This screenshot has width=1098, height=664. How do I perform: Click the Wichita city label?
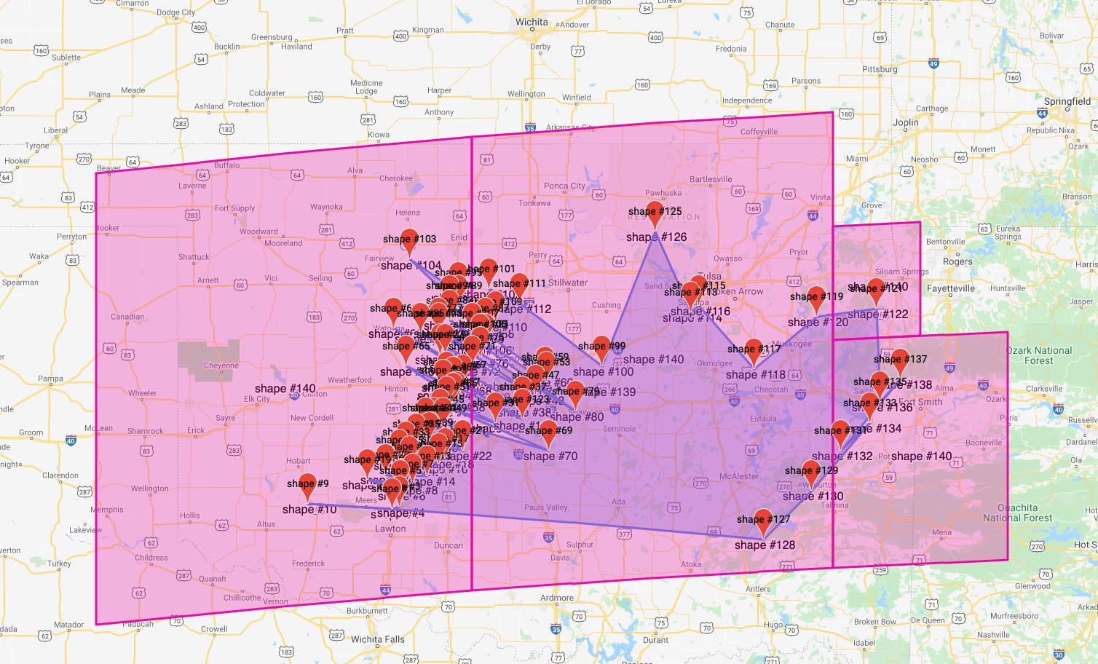click(532, 22)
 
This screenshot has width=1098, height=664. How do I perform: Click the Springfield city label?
click(1067, 101)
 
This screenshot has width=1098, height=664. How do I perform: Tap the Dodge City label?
click(175, 12)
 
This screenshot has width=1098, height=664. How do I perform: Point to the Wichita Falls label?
click(377, 639)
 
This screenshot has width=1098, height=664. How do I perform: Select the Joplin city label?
click(905, 122)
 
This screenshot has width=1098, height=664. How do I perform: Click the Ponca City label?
click(564, 186)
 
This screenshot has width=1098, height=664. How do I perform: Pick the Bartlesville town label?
click(711, 179)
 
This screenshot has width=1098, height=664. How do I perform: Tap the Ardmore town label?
click(556, 598)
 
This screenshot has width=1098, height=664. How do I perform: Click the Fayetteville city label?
click(950, 288)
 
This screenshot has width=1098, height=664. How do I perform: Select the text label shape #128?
click(765, 545)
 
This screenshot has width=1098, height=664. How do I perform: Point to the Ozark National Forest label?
click(1038, 355)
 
